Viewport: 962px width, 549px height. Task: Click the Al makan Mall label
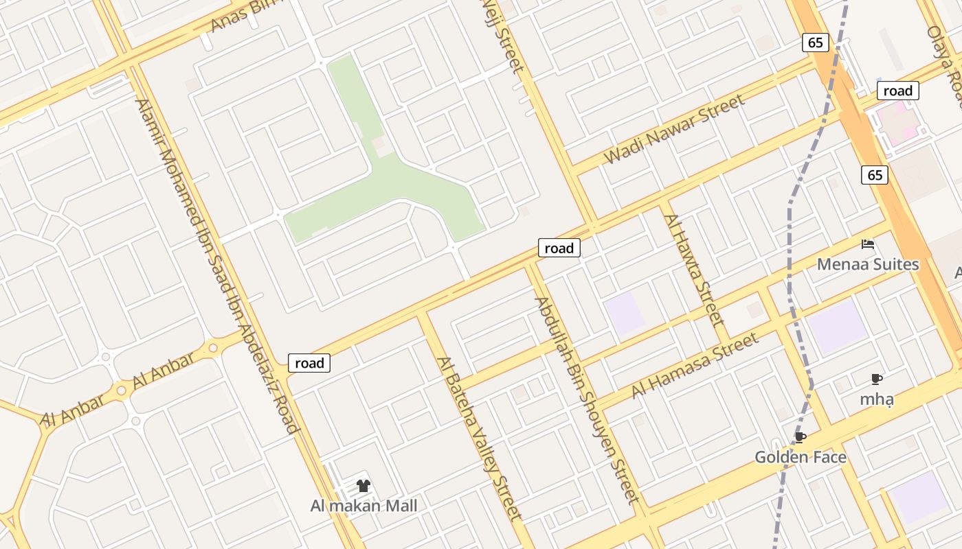(363, 506)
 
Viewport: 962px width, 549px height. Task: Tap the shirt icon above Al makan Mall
(363, 486)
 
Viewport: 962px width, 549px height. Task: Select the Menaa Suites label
(867, 264)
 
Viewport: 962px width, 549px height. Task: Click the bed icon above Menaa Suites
(868, 244)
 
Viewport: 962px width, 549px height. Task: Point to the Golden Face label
(800, 457)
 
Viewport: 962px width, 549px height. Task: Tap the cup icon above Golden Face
(800, 437)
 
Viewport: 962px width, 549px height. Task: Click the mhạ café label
(877, 399)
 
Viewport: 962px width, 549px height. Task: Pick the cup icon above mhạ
(877, 379)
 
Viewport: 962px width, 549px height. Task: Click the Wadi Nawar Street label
(674, 130)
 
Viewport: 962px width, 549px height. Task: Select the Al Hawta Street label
(694, 269)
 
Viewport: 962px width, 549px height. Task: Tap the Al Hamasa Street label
(695, 365)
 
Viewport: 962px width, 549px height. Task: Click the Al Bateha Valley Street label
(480, 439)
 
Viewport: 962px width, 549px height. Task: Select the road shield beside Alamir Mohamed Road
(309, 363)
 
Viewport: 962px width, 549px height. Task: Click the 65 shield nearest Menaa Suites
(875, 175)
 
